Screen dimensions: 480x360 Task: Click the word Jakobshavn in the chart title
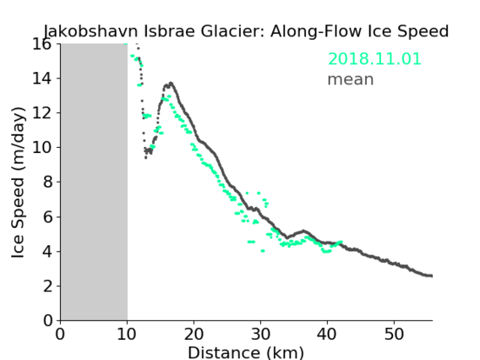pyautogui.click(x=92, y=31)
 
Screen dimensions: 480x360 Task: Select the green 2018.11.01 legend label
pyautogui.click(x=374, y=58)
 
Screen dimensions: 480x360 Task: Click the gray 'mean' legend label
pyautogui.click(x=351, y=79)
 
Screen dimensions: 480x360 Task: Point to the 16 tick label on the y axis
pyautogui.click(x=41, y=45)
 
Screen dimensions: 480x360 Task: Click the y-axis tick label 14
pyautogui.click(x=41, y=79)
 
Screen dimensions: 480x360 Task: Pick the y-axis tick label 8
pyautogui.click(x=47, y=183)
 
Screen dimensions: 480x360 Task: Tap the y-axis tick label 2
pyautogui.click(x=47, y=286)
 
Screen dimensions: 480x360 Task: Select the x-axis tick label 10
pyautogui.click(x=127, y=335)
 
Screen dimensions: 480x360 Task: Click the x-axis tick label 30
pyautogui.click(x=260, y=335)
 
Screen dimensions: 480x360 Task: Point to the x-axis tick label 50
pyautogui.click(x=394, y=335)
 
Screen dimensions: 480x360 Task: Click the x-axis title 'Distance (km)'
pyautogui.click(x=246, y=352)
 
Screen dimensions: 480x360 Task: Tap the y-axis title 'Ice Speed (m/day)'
pyautogui.click(x=18, y=183)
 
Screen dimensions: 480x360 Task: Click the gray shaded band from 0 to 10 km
pyautogui.click(x=94, y=183)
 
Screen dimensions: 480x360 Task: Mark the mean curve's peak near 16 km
pyautogui.click(x=171, y=83)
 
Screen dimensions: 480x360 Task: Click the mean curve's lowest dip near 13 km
pyautogui.click(x=145, y=158)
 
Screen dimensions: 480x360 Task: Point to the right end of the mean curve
pyautogui.click(x=431, y=275)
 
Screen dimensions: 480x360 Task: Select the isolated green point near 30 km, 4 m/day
pyautogui.click(x=263, y=251)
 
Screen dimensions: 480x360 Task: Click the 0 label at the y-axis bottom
pyautogui.click(x=47, y=321)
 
